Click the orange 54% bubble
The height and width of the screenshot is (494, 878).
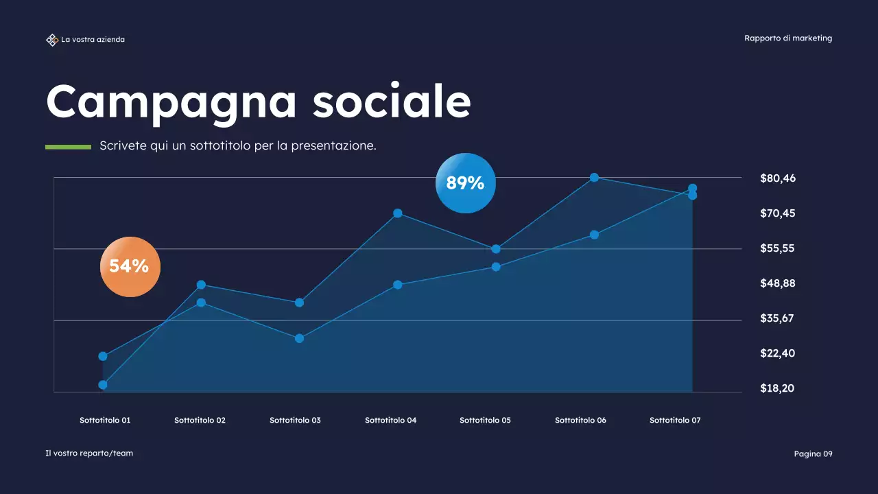(130, 266)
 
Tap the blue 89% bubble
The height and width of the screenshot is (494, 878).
(465, 183)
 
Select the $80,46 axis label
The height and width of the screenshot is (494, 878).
(778, 178)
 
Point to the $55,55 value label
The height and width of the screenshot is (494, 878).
(777, 248)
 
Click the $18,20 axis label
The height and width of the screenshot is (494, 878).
(777, 388)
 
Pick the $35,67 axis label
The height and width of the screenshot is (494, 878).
(777, 318)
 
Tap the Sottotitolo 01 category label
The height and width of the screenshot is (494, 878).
(105, 420)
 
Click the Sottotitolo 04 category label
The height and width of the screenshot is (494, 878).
(390, 420)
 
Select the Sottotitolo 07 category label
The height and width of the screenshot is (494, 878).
(675, 420)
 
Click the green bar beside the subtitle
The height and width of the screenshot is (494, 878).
(68, 146)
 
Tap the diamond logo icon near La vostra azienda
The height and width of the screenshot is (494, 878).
(51, 40)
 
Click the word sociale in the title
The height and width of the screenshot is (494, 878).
(392, 102)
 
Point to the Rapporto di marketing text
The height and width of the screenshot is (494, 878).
(788, 38)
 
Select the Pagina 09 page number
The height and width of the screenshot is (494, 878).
(813, 454)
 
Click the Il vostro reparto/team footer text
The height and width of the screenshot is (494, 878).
(89, 453)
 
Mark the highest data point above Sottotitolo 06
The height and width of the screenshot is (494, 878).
(595, 178)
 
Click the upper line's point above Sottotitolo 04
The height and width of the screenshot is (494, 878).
(398, 213)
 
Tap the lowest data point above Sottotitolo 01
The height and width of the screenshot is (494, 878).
(103, 385)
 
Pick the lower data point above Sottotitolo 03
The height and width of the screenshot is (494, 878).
(299, 338)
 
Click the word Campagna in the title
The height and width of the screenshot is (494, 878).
(171, 102)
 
